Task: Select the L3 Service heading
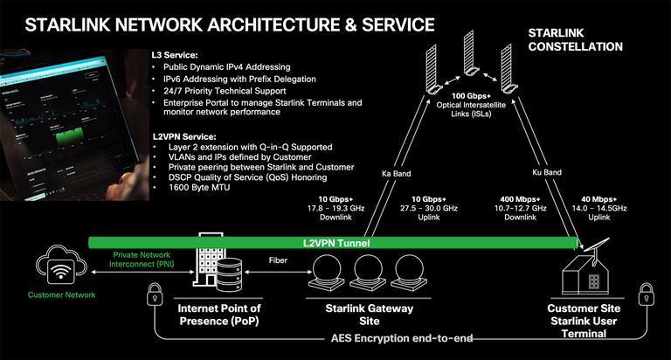tap(176, 54)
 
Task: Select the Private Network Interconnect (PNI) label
tap(143, 260)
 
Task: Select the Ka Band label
tap(396, 173)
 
